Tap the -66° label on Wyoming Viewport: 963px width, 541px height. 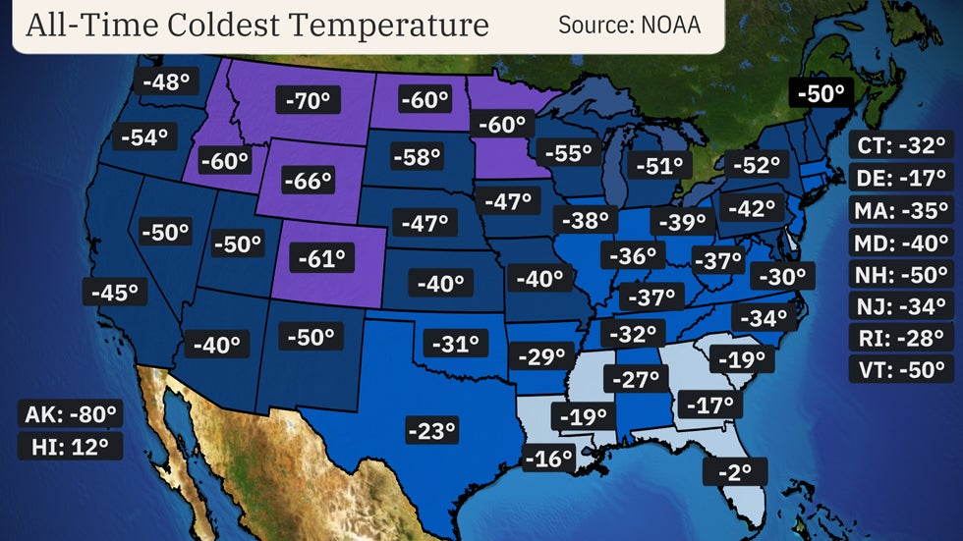(x=308, y=181)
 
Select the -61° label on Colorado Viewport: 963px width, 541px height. (x=321, y=259)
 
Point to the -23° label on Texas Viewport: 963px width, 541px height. (x=431, y=429)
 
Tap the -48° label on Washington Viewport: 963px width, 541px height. (x=165, y=81)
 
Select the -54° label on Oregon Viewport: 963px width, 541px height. (x=145, y=137)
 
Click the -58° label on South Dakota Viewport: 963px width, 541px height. (x=418, y=156)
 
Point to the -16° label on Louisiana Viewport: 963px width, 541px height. (x=548, y=458)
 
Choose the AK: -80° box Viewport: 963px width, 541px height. (x=71, y=413)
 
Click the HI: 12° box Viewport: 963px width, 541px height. (x=71, y=446)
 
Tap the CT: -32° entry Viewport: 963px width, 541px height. (x=900, y=146)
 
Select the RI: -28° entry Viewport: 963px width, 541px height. (x=900, y=339)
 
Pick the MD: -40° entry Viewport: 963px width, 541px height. (x=900, y=243)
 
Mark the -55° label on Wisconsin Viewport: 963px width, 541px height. (x=568, y=153)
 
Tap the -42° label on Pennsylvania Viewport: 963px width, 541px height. (x=752, y=208)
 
